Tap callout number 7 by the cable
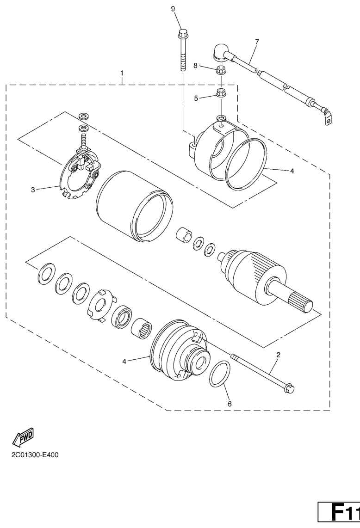(257, 42)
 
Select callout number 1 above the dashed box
(122, 73)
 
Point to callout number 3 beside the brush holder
(33, 190)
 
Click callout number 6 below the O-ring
(230, 404)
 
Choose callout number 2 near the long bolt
(279, 355)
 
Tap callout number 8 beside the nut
(196, 66)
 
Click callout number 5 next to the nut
(196, 98)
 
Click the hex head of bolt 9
(183, 34)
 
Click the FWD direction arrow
(23, 437)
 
